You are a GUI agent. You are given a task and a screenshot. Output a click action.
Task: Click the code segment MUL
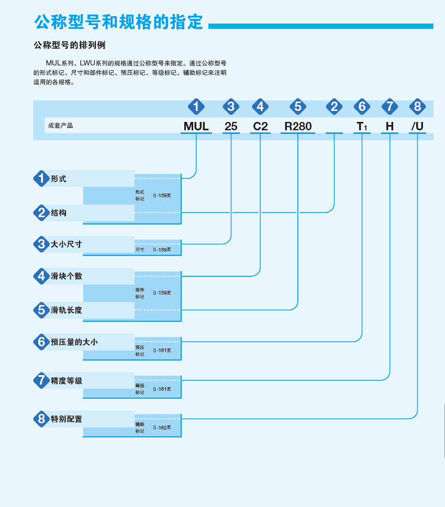(x=196, y=126)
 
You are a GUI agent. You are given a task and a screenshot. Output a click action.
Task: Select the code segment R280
(x=298, y=126)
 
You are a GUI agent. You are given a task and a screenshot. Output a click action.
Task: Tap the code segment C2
(x=260, y=126)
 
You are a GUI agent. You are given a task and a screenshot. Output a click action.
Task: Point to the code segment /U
(x=417, y=126)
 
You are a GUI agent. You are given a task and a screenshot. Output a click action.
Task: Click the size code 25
(x=231, y=126)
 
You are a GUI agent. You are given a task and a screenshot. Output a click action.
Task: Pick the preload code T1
(x=362, y=126)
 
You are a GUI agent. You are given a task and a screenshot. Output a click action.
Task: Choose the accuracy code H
(x=390, y=126)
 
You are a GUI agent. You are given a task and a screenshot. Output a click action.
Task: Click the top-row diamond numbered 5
(x=298, y=106)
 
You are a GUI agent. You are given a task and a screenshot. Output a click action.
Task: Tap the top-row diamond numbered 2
(x=334, y=106)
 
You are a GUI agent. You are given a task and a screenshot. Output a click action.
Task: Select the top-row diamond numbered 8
(x=417, y=106)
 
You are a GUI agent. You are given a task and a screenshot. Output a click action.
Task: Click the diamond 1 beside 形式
(x=41, y=178)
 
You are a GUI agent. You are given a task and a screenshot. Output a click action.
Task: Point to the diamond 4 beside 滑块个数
(x=41, y=276)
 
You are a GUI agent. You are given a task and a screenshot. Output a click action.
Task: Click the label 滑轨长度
(x=66, y=310)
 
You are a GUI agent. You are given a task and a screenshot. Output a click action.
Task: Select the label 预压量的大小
(x=74, y=342)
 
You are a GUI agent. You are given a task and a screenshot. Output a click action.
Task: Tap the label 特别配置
(x=66, y=419)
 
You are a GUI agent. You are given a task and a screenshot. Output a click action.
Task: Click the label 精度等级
(x=66, y=380)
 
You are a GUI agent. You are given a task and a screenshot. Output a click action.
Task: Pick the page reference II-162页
(x=162, y=427)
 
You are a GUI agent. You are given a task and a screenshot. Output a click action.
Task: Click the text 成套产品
(x=60, y=126)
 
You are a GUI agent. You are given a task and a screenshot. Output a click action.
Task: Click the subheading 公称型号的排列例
(x=70, y=45)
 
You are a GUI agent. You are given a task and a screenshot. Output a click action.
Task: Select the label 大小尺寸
(x=66, y=244)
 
